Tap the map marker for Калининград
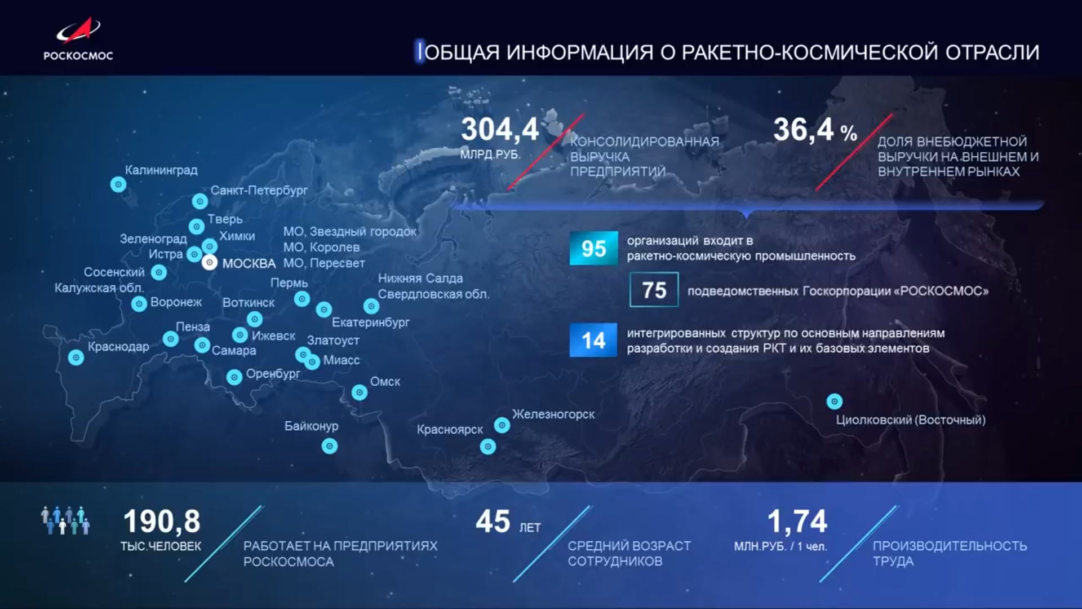[118, 184]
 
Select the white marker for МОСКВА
[210, 262]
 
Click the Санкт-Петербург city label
[259, 191]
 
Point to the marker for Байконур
[330, 447]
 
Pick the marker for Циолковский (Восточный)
[835, 401]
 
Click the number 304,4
[500, 129]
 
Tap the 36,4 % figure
[815, 130]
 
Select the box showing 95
[593, 248]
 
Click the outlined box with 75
[654, 290]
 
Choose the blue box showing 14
[593, 340]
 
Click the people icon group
[65, 520]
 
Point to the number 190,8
[162, 521]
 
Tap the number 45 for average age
[493, 521]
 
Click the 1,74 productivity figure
[797, 521]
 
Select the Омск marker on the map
[360, 392]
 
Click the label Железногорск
[553, 414]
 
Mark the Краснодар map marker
[76, 358]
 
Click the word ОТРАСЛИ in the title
[992, 52]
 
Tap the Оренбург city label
[273, 374]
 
